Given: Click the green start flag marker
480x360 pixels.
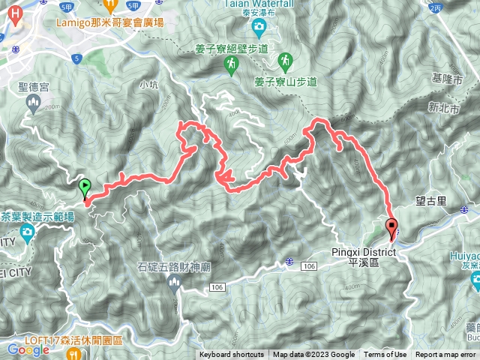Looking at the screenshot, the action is coord(84,186).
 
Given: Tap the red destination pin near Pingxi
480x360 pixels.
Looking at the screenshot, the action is coord(391,226).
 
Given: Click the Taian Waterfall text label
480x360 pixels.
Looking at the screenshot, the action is coord(258,4).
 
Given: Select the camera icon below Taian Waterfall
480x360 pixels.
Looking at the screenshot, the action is coord(259,28).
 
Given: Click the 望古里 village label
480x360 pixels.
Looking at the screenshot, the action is coord(430,201).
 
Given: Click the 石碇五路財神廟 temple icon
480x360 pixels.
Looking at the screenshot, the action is coord(175,282).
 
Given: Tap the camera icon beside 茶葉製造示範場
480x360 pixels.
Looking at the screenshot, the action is coord(28,233).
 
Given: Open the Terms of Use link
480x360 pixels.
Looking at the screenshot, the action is coord(385,355).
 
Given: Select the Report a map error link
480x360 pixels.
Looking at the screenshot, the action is coord(446,355).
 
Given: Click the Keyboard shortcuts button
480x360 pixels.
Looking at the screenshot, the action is coord(231,355).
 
